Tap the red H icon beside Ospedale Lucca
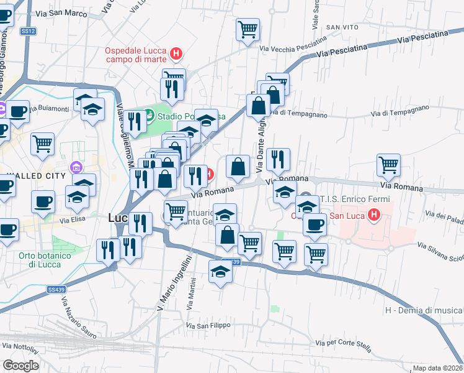(x=176, y=55)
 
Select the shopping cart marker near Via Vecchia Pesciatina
(x=248, y=29)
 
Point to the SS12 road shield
(x=28, y=30)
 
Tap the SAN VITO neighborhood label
(x=343, y=27)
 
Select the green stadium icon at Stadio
(x=149, y=115)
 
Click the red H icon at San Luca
(x=374, y=216)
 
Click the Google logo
(x=20, y=366)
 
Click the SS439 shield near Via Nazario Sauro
(x=55, y=289)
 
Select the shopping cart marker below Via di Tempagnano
(x=388, y=165)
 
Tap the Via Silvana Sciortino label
(x=440, y=251)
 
